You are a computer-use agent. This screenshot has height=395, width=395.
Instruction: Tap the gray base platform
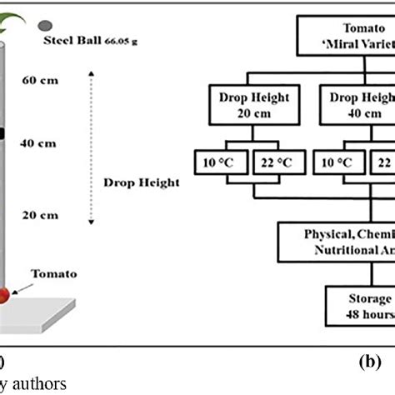point(50,321)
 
